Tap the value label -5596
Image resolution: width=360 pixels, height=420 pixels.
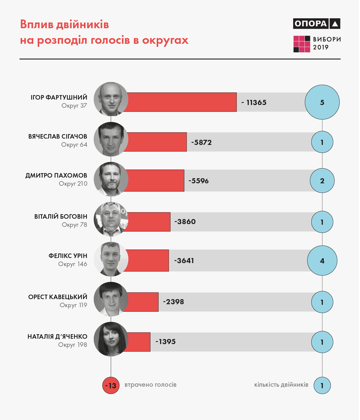(198, 181)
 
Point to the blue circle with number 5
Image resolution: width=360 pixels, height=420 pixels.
(322, 102)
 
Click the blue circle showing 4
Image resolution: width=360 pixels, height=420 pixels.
(322, 261)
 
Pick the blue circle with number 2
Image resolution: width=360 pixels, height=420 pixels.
(322, 181)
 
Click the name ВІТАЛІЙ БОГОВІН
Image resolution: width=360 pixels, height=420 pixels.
(61, 217)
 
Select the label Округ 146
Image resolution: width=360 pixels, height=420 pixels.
(73, 264)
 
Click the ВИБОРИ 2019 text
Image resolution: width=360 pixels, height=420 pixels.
(327, 43)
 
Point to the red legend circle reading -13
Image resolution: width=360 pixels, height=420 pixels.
(111, 385)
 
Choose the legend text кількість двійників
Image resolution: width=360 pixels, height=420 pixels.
(281, 385)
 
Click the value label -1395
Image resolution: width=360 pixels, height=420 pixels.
(165, 342)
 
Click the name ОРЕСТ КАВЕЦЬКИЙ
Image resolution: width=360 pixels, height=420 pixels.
(58, 297)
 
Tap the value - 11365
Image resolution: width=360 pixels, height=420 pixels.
(254, 103)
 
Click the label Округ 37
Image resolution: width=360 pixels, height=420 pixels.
(74, 106)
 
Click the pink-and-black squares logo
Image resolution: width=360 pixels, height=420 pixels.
(302, 44)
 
